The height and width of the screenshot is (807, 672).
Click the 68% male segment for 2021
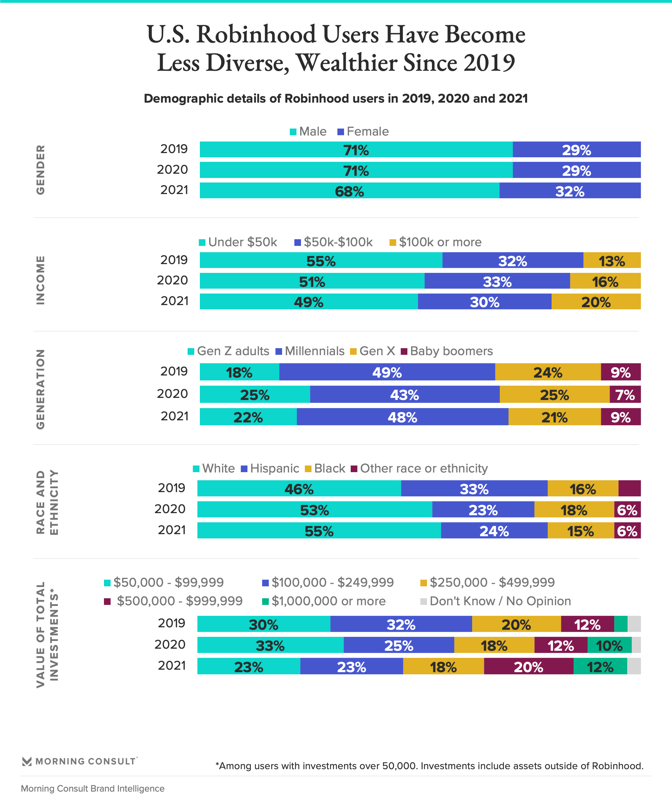point(349,191)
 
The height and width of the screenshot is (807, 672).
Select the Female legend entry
point(363,131)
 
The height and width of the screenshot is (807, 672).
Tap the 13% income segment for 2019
point(612,261)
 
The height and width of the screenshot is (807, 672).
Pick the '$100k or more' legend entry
point(435,242)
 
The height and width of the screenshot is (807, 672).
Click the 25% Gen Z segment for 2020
point(254,395)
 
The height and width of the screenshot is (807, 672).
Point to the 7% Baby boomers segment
point(625,395)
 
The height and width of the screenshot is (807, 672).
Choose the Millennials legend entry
point(310,351)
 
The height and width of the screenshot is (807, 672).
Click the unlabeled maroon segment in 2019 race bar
point(629,488)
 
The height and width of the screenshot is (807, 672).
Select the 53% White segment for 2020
point(315,510)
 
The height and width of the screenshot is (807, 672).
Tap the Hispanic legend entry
point(270,468)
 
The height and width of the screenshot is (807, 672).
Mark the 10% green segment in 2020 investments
point(609,645)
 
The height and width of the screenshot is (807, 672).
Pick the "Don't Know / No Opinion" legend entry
point(496,601)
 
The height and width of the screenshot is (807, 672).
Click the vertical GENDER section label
point(40,170)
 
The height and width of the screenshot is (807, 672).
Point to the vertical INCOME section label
point(40,280)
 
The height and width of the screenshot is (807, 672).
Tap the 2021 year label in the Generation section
point(174,416)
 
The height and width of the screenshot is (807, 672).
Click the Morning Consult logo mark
point(27,761)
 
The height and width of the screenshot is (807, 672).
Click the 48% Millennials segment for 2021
point(402,417)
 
